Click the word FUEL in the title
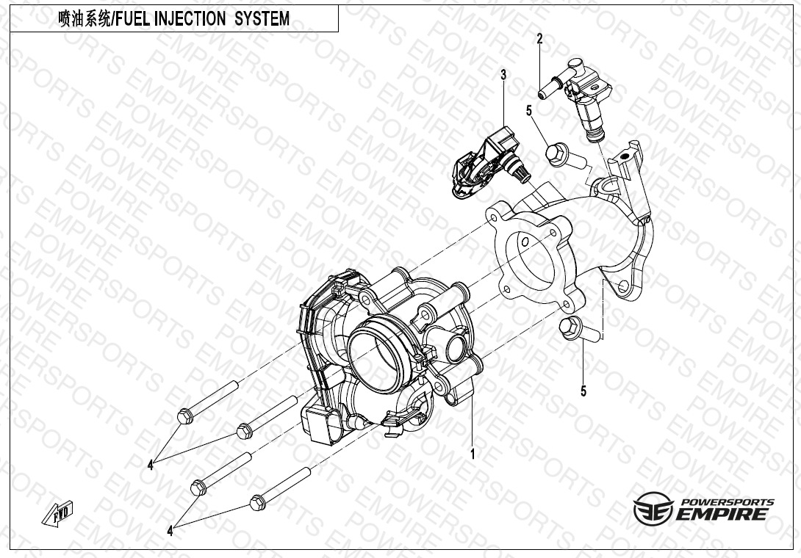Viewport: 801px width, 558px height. pyautogui.click(x=131, y=19)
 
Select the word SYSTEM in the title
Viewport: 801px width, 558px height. pyautogui.click(x=262, y=19)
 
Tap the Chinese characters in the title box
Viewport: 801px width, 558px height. pyautogui.click(x=82, y=19)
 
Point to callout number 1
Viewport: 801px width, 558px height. pyautogui.click(x=473, y=454)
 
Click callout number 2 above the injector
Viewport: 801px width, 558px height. pyautogui.click(x=539, y=39)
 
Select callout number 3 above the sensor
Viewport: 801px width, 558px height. pyautogui.click(x=503, y=75)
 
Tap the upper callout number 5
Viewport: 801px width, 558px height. pyautogui.click(x=528, y=111)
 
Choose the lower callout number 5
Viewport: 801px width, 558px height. pyautogui.click(x=583, y=391)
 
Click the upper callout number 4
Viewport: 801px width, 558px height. pyautogui.click(x=151, y=465)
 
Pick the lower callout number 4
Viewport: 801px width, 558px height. pyautogui.click(x=170, y=530)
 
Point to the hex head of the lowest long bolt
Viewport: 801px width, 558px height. pyautogui.click(x=257, y=503)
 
